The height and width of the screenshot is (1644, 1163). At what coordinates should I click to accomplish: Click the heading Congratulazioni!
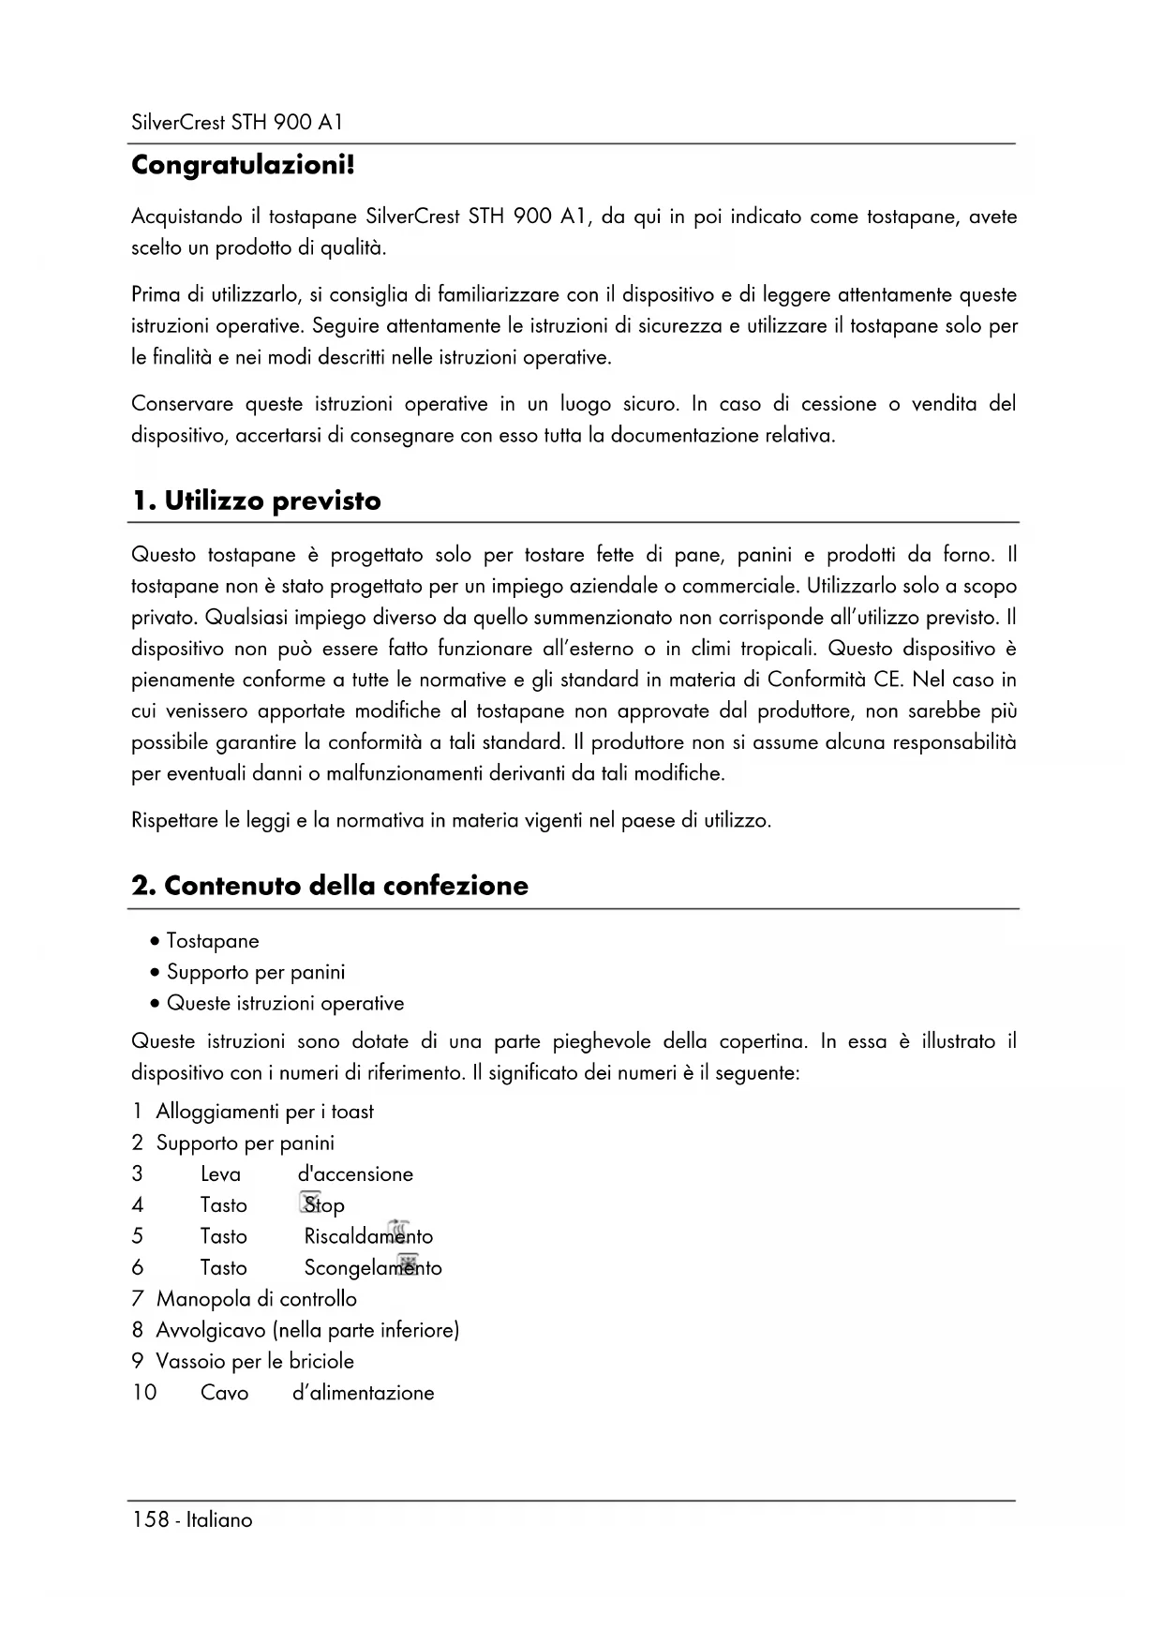[243, 167]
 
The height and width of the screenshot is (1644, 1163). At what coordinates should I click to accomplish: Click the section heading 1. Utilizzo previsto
[256, 501]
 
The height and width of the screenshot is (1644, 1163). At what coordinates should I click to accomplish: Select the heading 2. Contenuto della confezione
[330, 886]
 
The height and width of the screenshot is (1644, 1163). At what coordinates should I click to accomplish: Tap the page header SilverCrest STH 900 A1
[237, 123]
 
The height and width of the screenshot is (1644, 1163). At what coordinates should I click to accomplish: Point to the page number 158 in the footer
[150, 1520]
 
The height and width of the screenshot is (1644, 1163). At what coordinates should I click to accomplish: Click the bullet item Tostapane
[213, 941]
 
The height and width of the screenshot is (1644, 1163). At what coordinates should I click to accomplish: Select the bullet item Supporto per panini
[256, 972]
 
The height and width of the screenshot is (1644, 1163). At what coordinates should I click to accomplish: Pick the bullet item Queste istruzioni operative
[285, 1004]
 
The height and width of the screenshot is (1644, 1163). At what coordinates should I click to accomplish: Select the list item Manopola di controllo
[256, 1299]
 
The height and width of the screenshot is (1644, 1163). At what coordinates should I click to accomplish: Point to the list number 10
[144, 1393]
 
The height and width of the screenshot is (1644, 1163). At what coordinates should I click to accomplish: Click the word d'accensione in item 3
[355, 1174]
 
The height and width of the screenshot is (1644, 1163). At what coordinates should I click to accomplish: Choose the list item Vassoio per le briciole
[255, 1361]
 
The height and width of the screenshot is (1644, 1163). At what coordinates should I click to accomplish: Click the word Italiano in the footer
[219, 1520]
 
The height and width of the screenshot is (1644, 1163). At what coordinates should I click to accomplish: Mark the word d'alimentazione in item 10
[364, 1393]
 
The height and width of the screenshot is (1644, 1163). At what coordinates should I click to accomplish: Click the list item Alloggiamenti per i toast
[264, 1112]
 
